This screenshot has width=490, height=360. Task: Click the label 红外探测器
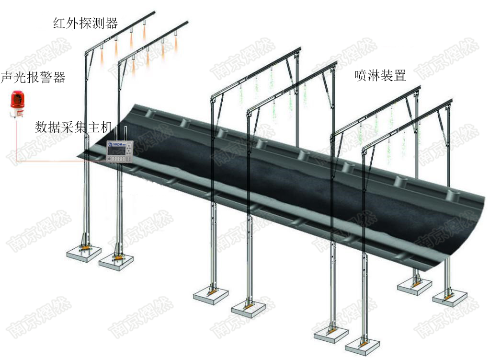point(85,23)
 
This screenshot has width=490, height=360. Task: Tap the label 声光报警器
point(33,77)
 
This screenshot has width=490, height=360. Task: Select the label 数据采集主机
point(73,127)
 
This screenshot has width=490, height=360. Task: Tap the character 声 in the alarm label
point(7,77)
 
